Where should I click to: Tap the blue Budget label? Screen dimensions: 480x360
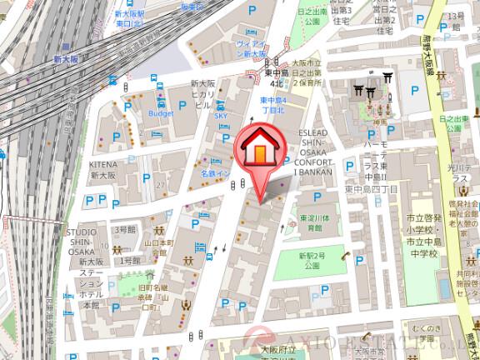click(x=160, y=112)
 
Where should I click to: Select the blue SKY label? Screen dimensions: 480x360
click(x=221, y=116)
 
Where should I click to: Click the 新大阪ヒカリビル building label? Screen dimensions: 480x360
click(x=204, y=94)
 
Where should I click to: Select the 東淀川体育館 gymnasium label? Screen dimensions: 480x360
click(x=312, y=222)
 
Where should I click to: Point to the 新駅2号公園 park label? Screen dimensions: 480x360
click(x=312, y=259)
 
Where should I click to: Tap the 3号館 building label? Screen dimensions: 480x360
click(x=124, y=228)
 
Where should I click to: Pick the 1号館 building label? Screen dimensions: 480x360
click(x=131, y=261)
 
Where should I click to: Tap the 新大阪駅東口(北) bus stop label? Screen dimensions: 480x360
click(x=130, y=19)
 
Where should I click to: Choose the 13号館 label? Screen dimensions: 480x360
click(x=455, y=16)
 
